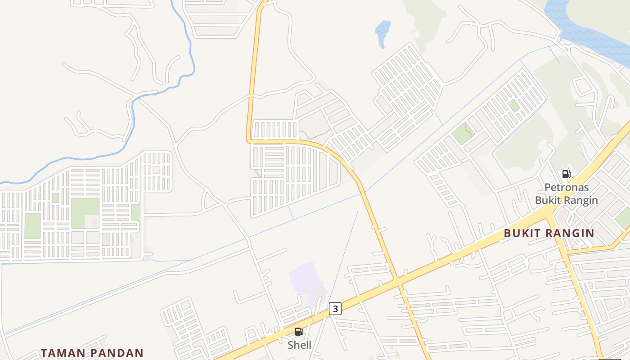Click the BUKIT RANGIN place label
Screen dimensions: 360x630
tap(549, 233)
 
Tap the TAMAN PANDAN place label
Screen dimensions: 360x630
tap(92, 353)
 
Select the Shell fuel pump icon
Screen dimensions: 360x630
tap(299, 332)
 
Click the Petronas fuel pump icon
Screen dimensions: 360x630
tap(566, 174)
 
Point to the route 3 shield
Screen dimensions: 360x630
tap(335, 308)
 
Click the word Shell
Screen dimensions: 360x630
tap(299, 345)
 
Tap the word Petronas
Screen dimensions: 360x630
tap(566, 188)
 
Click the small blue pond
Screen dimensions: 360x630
tap(382, 32)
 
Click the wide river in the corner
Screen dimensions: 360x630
tap(585, 22)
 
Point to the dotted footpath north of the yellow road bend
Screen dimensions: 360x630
tap(315, 134)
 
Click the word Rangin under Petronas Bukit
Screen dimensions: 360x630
tap(581, 200)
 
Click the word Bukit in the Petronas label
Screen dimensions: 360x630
tap(547, 200)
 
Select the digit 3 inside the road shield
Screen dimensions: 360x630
tap(335, 308)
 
